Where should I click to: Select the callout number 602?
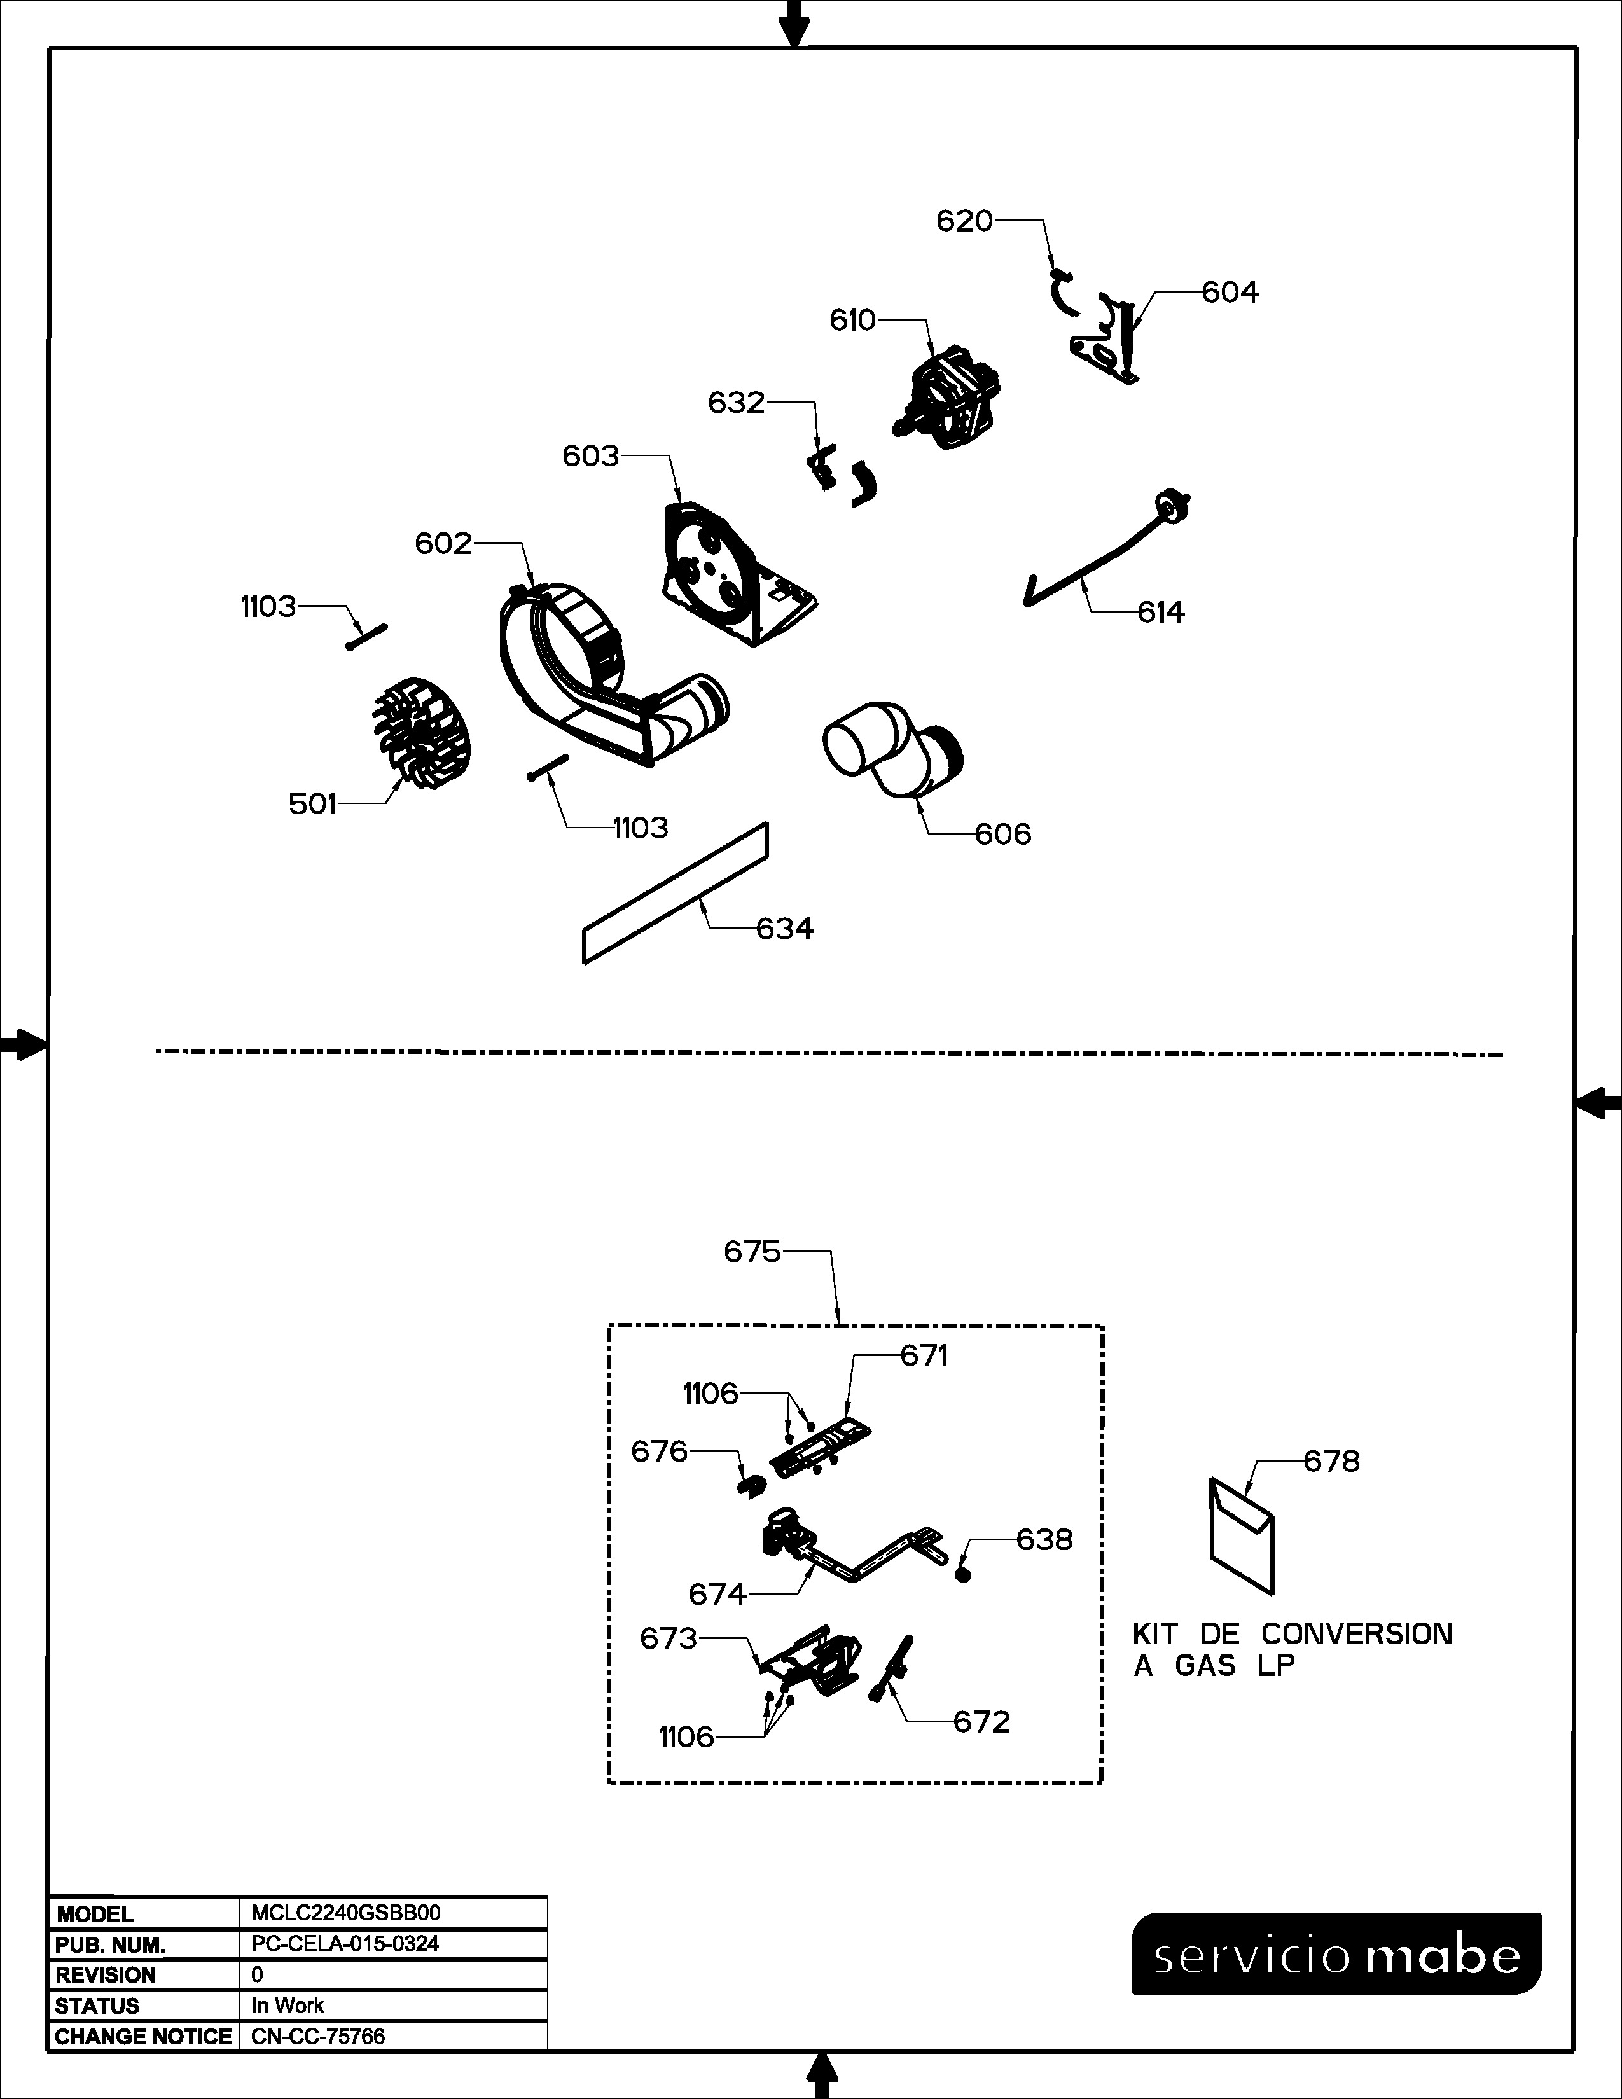pos(443,544)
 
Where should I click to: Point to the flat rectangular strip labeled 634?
pos(676,892)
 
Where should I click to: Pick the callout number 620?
pos(964,221)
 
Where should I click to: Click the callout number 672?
pos(981,1721)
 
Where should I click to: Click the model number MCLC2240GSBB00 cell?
pos(346,1913)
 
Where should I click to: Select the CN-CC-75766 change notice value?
pos(318,2037)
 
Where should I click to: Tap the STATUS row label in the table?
pos(97,2005)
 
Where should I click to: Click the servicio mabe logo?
pos(1336,1954)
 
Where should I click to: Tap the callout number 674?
pos(717,1595)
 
